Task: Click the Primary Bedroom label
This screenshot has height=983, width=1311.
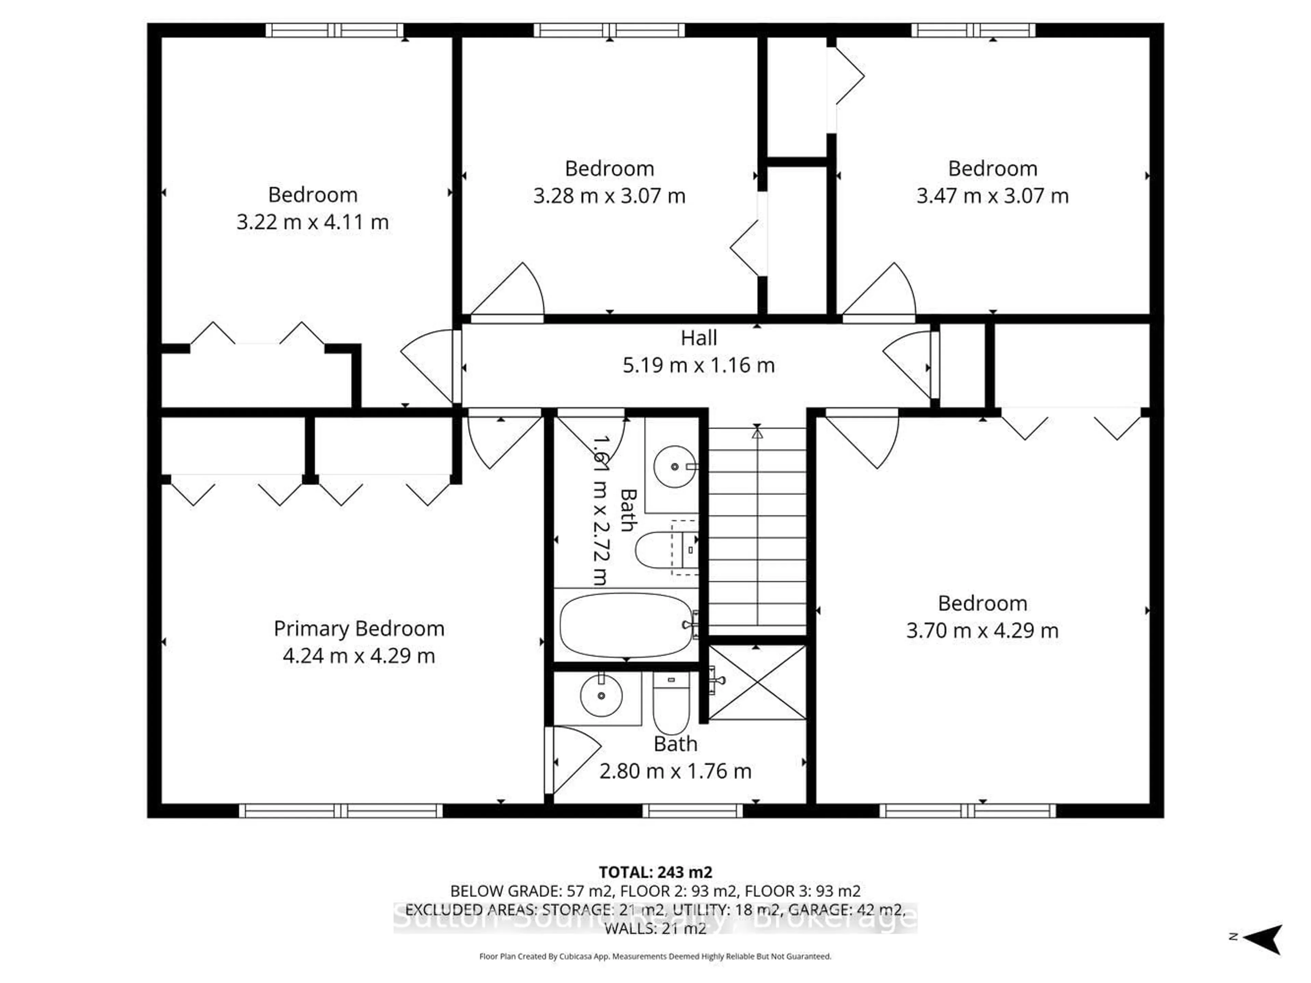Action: pos(358,628)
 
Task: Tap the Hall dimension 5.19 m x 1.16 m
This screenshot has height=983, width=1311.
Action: pos(698,365)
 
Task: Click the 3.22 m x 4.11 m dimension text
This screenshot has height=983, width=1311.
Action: pos(312,222)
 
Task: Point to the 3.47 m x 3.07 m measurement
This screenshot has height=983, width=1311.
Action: pos(992,196)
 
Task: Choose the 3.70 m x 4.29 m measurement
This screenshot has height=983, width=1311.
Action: pos(982,631)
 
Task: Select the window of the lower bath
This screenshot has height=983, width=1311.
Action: pos(692,810)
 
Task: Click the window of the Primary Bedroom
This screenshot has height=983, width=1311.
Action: pos(341,810)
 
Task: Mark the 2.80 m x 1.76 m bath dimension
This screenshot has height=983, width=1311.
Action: pos(675,771)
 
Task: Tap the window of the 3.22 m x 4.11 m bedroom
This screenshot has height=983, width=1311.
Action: pos(334,30)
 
